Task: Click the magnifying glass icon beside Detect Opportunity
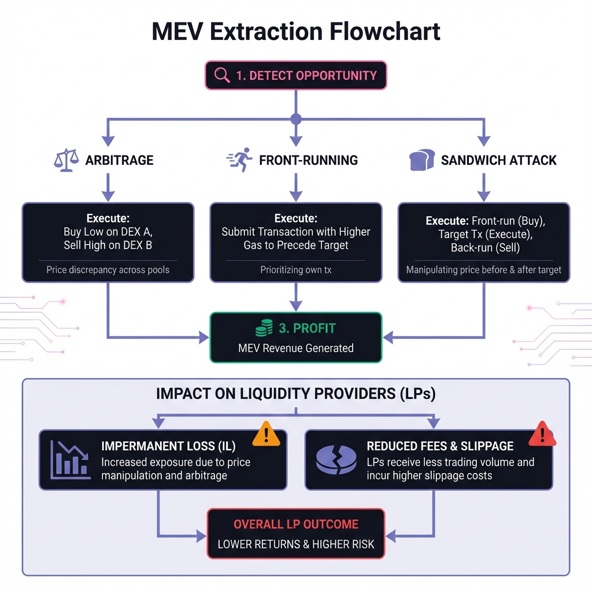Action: [222, 75]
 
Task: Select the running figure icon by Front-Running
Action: [240, 160]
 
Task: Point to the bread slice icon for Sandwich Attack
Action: [422, 160]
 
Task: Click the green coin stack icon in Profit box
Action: [264, 328]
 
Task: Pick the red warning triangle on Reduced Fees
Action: [542, 434]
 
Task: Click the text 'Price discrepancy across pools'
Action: [108, 269]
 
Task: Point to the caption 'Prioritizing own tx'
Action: [295, 269]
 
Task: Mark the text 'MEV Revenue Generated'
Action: [295, 348]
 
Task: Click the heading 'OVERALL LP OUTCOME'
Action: [295, 524]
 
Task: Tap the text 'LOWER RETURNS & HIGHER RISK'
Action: [295, 544]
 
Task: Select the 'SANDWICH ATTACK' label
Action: [498, 160]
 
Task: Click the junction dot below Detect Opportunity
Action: [296, 119]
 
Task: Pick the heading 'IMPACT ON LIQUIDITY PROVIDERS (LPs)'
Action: [295, 394]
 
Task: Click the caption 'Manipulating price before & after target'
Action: [484, 269]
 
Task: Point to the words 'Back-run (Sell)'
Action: [485, 248]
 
